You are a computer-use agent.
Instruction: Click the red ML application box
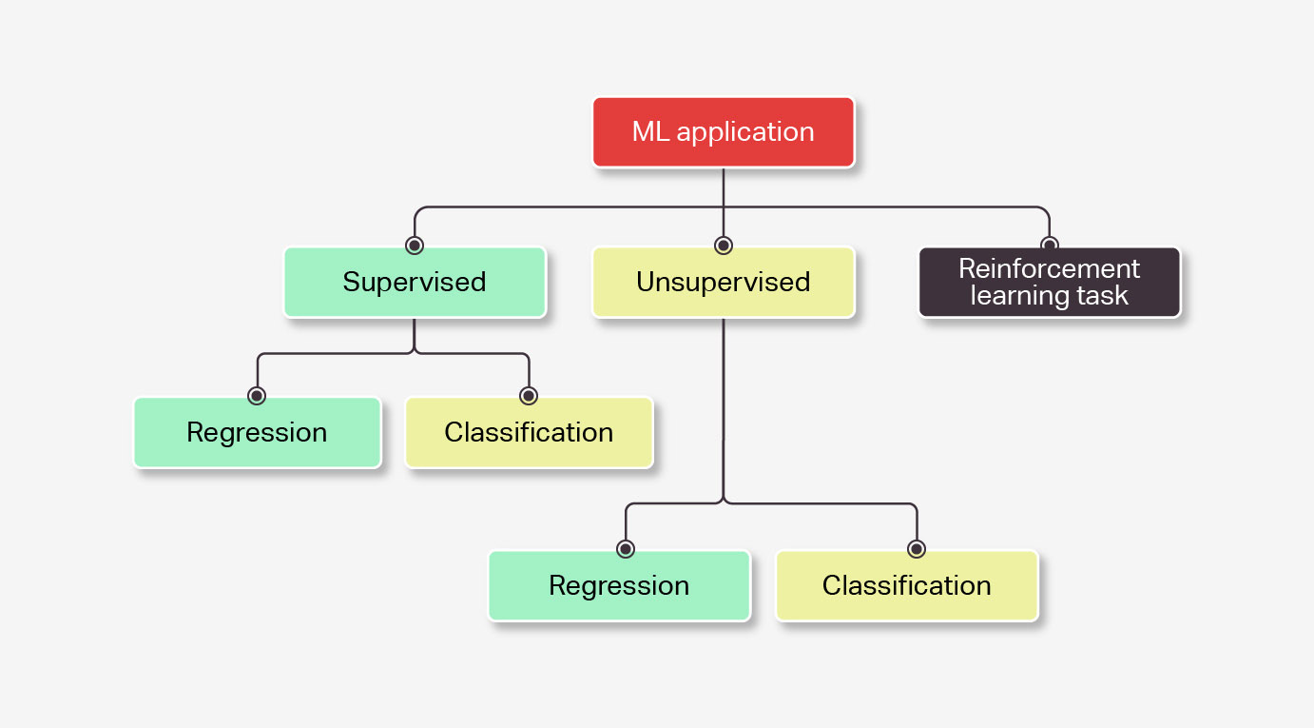[724, 132]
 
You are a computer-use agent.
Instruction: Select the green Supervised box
[415, 283]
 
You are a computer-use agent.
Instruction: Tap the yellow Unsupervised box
[724, 283]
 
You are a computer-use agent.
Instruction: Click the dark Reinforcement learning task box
[1050, 283]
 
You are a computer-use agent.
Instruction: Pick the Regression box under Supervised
[258, 433]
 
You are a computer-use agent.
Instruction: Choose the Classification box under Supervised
[530, 433]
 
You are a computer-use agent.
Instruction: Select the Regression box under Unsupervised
[620, 586]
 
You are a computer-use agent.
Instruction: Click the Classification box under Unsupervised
[907, 586]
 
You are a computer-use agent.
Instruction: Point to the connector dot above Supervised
[415, 246]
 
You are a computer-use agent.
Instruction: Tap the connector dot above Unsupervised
[724, 246]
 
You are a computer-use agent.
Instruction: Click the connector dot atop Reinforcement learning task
[1050, 243]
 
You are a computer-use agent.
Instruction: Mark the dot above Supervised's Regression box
[257, 396]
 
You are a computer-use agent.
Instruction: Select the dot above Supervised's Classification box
[529, 396]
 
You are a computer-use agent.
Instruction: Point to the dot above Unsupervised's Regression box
[626, 549]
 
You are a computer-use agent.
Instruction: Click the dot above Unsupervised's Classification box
[917, 549]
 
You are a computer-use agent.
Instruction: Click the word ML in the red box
[650, 132]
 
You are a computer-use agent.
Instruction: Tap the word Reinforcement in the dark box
[1050, 269]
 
